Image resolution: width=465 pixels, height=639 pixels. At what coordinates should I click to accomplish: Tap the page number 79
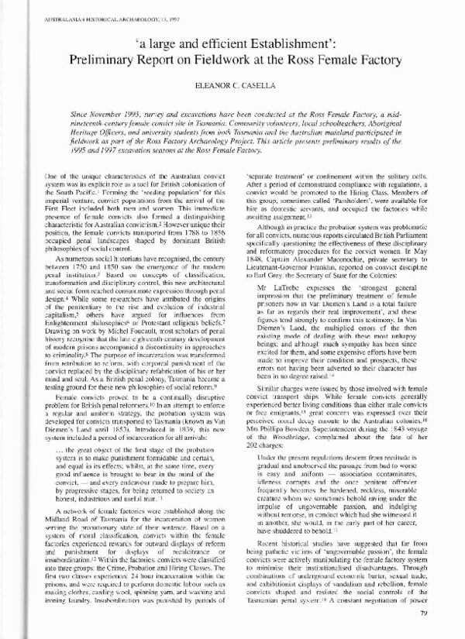[435, 615]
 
